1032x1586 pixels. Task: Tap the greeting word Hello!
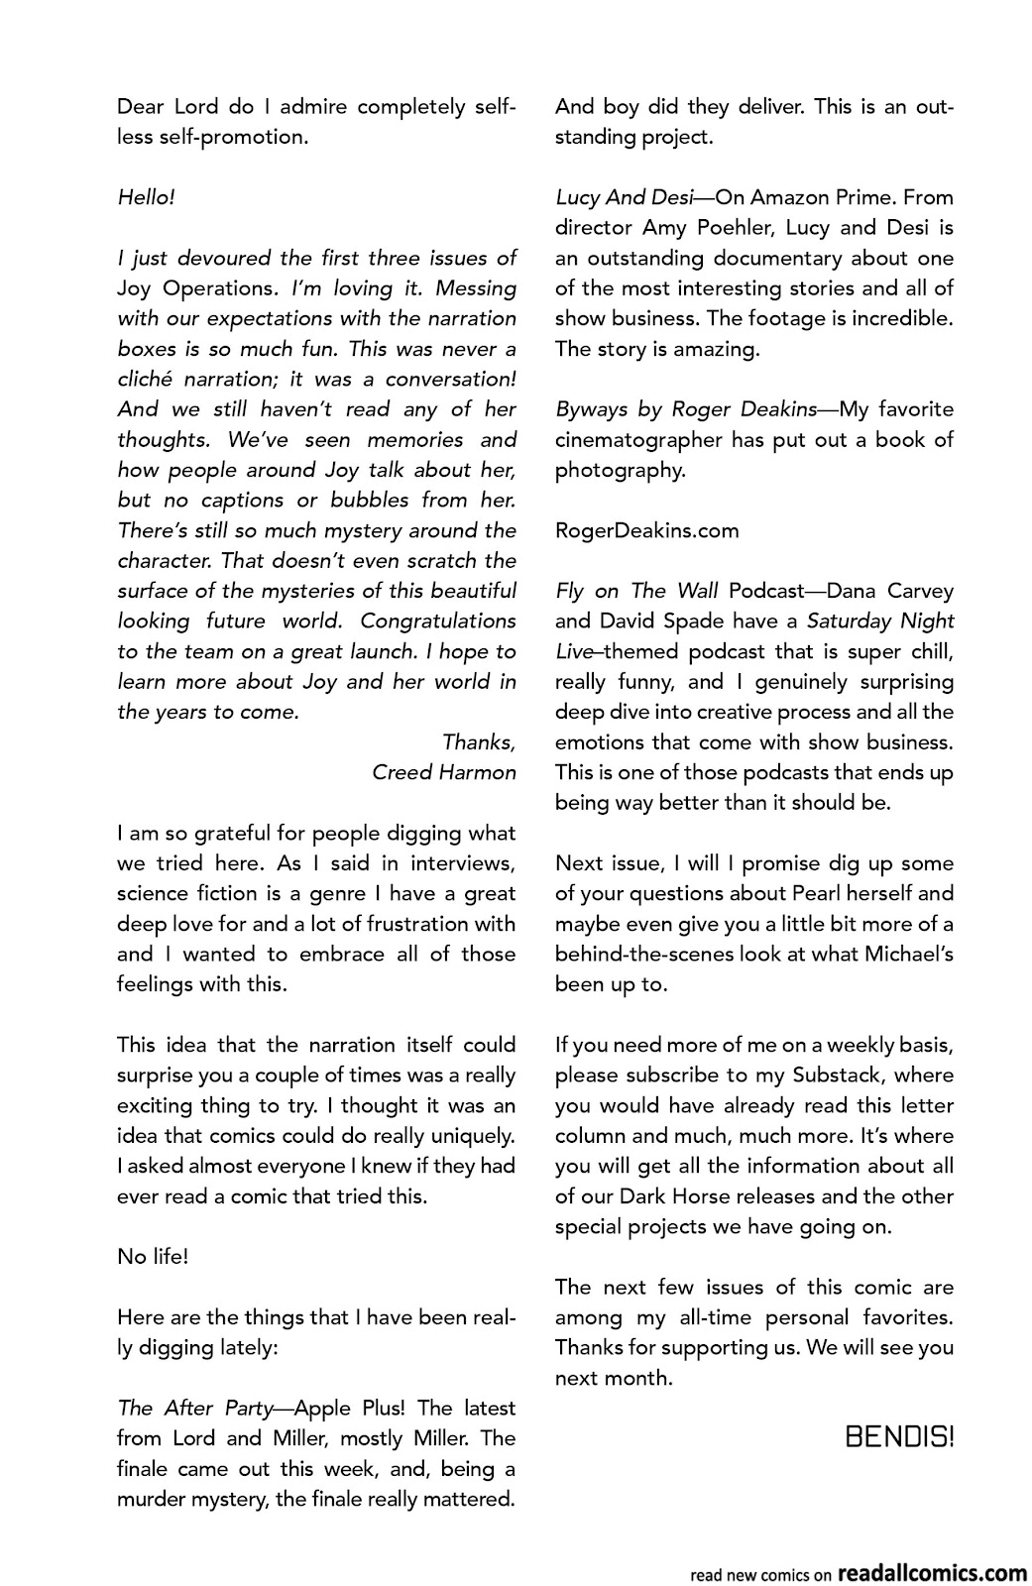146,197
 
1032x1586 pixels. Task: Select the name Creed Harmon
443,772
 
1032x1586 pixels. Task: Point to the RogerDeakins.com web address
646,530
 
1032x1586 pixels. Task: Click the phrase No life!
152,1257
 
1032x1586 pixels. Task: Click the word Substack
840,1076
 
